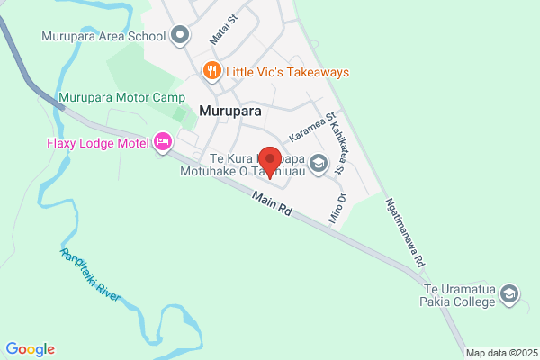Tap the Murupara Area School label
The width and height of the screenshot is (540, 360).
click(x=104, y=37)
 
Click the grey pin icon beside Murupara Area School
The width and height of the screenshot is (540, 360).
click(x=180, y=36)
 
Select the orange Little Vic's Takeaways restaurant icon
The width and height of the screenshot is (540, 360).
click(x=211, y=71)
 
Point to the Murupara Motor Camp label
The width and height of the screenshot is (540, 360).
click(x=121, y=97)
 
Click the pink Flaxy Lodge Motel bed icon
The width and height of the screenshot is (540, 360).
click(x=163, y=142)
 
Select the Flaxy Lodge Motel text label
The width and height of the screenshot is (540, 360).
click(x=98, y=142)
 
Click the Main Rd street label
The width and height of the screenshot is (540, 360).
click(x=273, y=204)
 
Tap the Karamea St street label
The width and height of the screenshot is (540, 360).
click(x=311, y=127)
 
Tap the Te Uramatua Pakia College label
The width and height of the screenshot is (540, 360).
click(x=458, y=297)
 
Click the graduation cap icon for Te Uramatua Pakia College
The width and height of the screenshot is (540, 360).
click(x=510, y=293)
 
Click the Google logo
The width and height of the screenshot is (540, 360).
click(x=30, y=349)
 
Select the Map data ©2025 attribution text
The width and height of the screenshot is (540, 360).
click(x=501, y=352)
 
